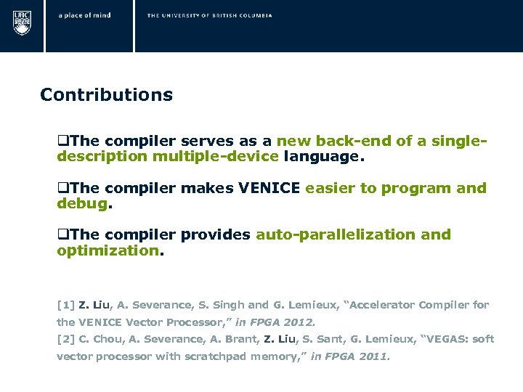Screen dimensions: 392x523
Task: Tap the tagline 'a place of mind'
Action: [x=85, y=15]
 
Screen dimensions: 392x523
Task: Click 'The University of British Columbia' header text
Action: [x=209, y=15]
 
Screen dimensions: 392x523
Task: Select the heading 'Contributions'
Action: [x=106, y=95]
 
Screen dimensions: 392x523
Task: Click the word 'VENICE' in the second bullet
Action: [x=269, y=188]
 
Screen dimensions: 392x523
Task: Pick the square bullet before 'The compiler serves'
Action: [x=62, y=141]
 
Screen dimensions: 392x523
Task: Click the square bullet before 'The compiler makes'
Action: [x=62, y=188]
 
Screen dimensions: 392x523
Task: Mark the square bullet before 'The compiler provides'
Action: [x=62, y=234]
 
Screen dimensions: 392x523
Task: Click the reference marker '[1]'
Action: [x=65, y=305]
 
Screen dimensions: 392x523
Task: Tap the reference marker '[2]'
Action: [x=65, y=339]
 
